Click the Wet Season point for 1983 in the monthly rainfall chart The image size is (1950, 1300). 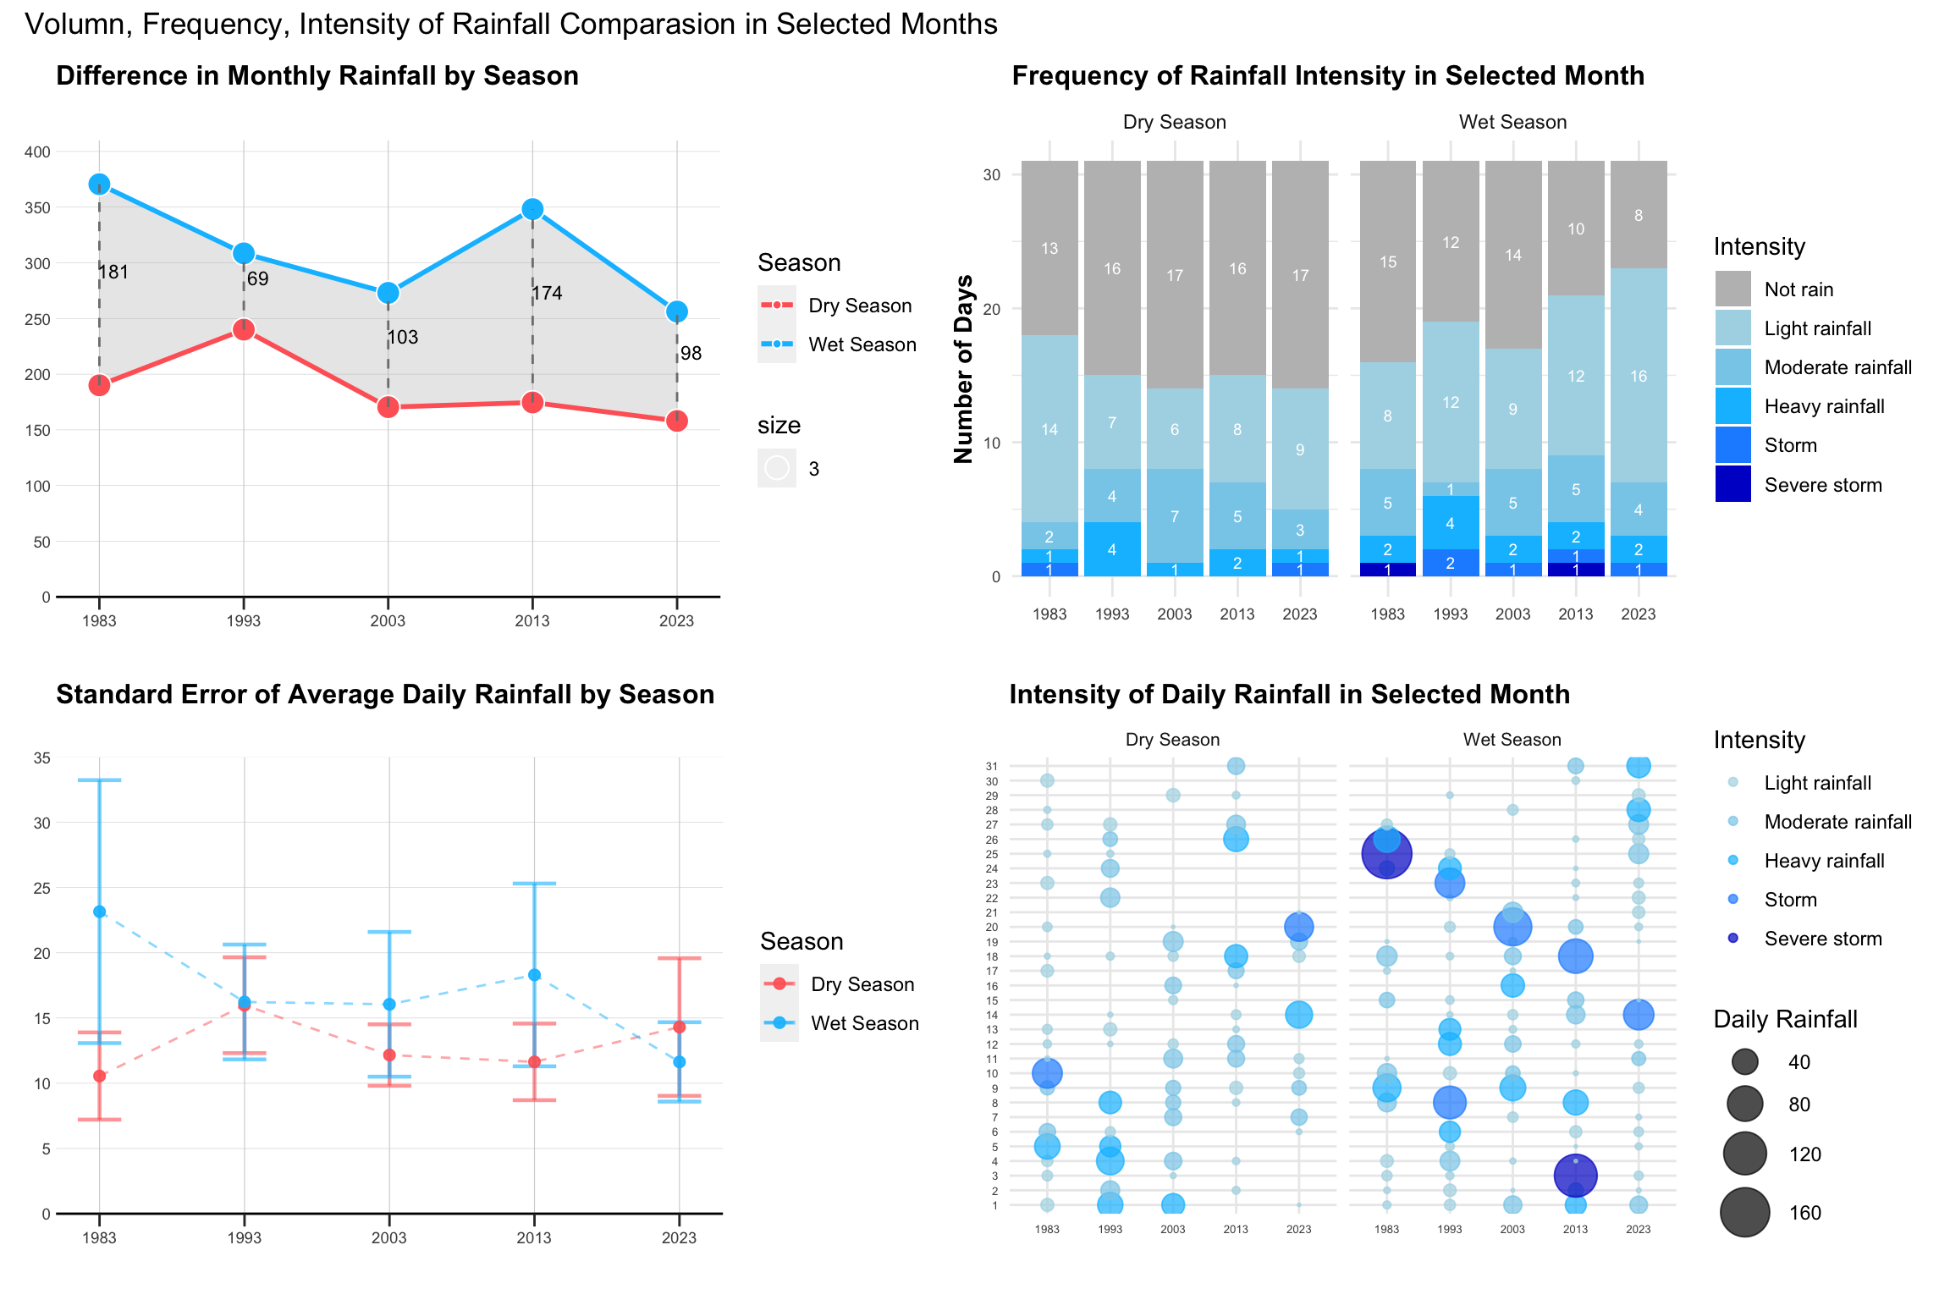tap(99, 185)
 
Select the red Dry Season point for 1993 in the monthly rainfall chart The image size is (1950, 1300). tap(244, 329)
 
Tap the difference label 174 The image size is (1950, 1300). tap(547, 293)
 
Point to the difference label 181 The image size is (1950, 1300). tap(113, 272)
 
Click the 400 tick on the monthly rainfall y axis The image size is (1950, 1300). tap(37, 152)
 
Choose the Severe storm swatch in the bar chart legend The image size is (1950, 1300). tap(1732, 484)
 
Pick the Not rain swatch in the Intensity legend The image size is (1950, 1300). tap(1732, 289)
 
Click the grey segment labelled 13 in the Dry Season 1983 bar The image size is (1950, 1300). tap(1049, 248)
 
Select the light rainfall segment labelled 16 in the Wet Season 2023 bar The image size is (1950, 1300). tap(1638, 376)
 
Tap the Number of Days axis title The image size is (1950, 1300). tap(964, 369)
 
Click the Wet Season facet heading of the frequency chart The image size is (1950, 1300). tap(1512, 122)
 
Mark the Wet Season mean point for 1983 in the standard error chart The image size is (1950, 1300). tap(100, 912)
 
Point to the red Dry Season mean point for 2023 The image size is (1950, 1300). tap(679, 1027)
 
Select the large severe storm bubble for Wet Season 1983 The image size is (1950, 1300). tap(1386, 854)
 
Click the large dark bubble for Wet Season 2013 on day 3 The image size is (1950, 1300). tap(1575, 1175)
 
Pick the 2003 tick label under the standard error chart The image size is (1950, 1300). tap(389, 1237)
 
